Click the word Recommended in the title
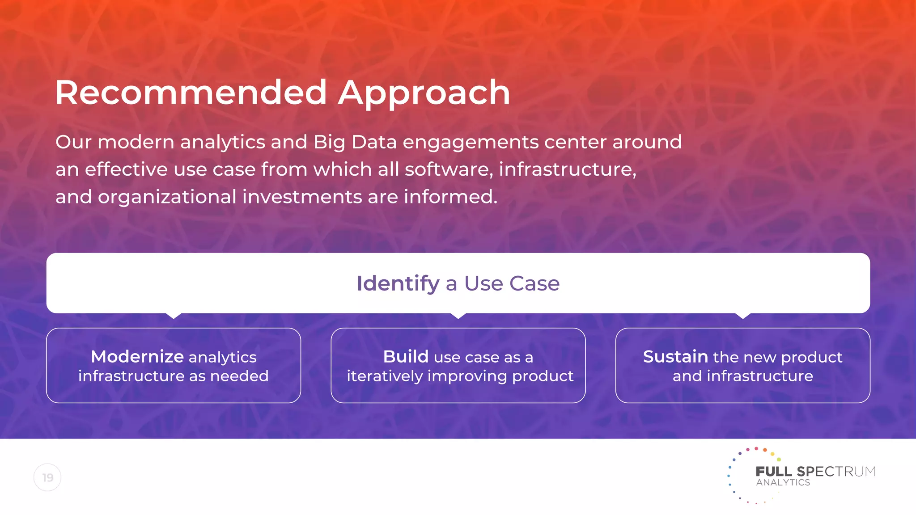tap(191, 93)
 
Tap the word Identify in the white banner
tap(398, 283)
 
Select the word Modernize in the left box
tap(137, 357)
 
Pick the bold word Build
tap(406, 357)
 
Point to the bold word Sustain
tap(675, 357)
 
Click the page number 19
tap(47, 477)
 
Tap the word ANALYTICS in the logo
tap(783, 483)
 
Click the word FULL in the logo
tap(774, 472)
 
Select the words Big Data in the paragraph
tap(355, 142)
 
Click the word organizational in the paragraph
tap(167, 197)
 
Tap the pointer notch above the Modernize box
tap(174, 316)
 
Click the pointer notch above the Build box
tap(458, 316)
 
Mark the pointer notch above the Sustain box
tap(743, 316)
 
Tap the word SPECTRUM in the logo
tap(836, 472)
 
